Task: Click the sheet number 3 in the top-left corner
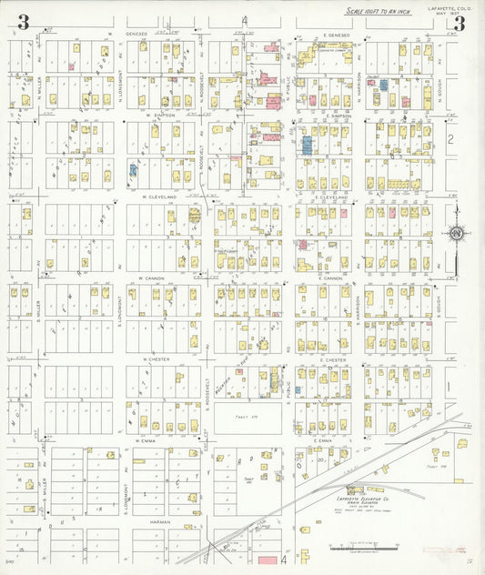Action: point(23,22)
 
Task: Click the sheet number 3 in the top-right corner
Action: point(459,23)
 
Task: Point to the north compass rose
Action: point(455,234)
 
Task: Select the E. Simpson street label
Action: point(335,116)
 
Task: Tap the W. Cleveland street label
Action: point(157,197)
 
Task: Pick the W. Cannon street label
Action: point(151,278)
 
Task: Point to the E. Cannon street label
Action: point(331,278)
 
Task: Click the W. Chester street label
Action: point(157,359)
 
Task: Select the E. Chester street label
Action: point(333,359)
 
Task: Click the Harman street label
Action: point(145,521)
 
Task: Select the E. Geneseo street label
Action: point(336,35)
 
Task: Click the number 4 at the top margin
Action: point(245,20)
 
